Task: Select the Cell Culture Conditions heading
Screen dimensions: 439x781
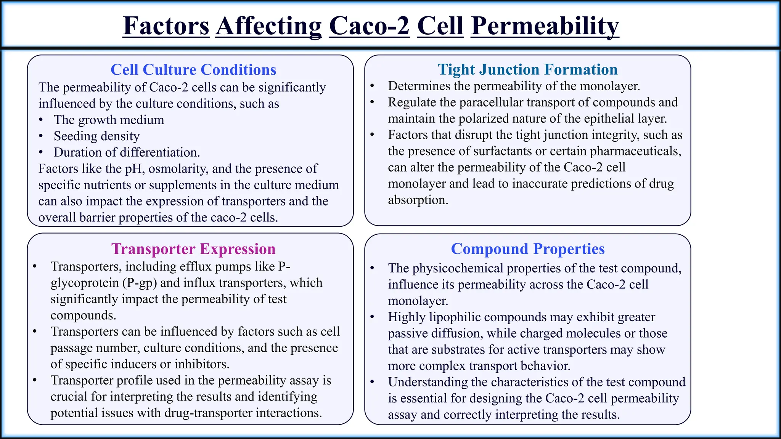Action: tap(193, 70)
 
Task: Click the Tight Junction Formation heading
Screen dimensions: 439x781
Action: tap(527, 70)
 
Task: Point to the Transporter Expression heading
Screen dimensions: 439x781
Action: tap(193, 249)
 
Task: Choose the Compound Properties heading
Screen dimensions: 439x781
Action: tap(527, 249)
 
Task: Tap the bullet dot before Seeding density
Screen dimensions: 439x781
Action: tap(41, 136)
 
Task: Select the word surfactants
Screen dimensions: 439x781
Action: tap(502, 151)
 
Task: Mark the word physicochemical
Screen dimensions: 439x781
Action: tap(458, 268)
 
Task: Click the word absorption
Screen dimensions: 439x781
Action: tap(418, 200)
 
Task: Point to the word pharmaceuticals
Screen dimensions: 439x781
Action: tap(635, 151)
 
